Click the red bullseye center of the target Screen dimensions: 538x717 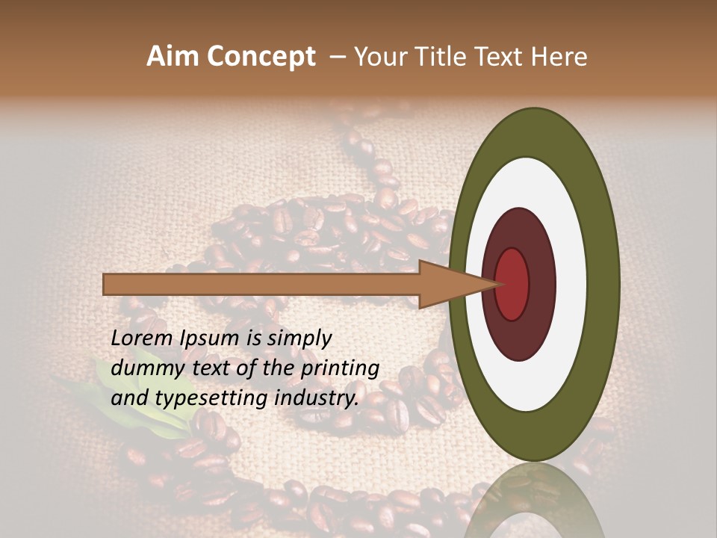512,283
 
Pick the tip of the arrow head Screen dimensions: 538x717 499,284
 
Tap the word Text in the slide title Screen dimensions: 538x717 504,57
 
